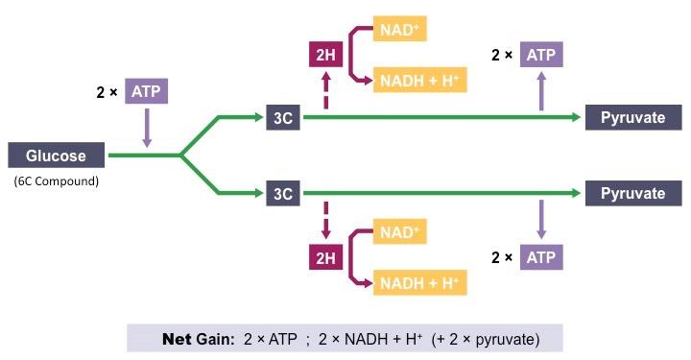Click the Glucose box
(56, 156)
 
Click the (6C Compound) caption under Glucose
(56, 180)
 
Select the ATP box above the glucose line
(146, 92)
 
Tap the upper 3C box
(282, 117)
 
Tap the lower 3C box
(282, 194)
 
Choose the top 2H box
(324, 56)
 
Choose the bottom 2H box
(324, 257)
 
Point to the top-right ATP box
(542, 55)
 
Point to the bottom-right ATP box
(542, 257)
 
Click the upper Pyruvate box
(632, 117)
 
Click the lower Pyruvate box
(632, 194)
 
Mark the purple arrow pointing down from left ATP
(146, 128)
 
